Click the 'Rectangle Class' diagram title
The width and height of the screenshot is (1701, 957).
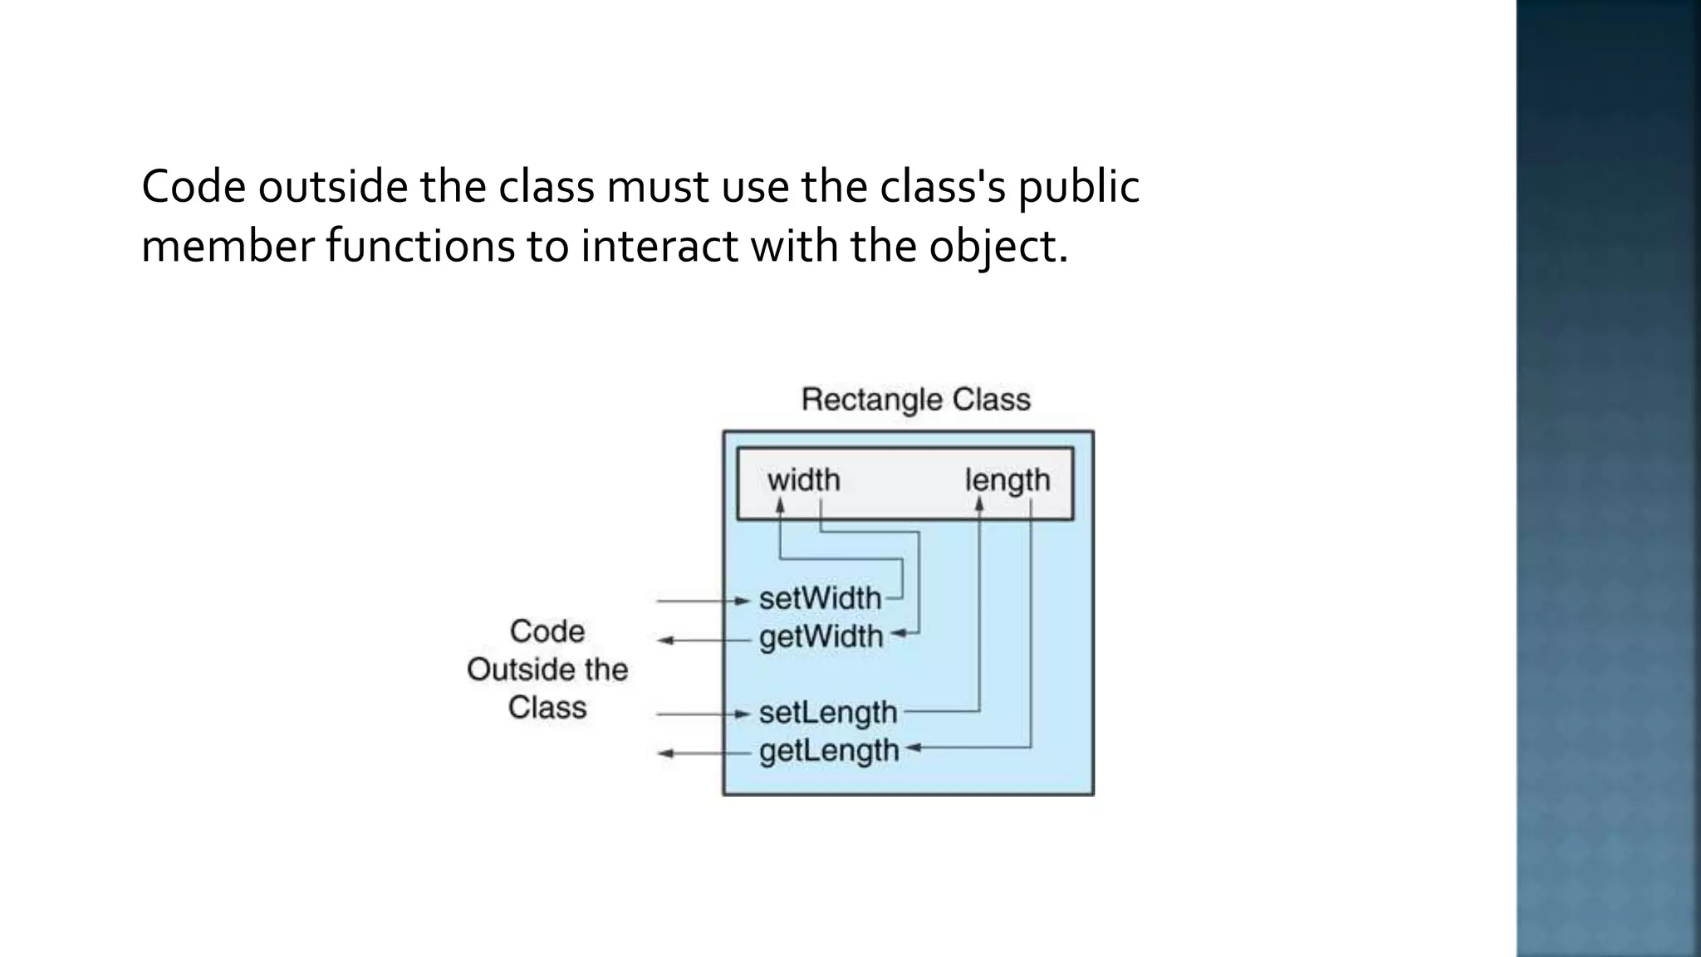[x=915, y=400]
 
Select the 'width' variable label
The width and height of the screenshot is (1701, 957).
[x=803, y=480]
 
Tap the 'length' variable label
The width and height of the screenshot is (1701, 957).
[x=1007, y=480]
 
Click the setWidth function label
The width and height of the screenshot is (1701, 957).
[x=820, y=598]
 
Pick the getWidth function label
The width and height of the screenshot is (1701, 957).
[x=821, y=637]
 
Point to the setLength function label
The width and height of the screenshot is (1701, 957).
[x=827, y=713]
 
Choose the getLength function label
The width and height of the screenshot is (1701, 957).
[x=829, y=751]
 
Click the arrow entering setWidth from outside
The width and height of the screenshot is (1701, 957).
[x=703, y=601]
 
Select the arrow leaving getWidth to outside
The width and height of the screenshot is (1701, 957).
[x=703, y=640]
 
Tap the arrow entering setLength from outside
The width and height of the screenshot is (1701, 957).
[x=703, y=714]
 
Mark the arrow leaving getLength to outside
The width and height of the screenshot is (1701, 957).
[x=703, y=753]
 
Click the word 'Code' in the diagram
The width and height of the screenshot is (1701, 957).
[x=547, y=631]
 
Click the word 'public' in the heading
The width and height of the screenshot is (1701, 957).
[x=1078, y=188]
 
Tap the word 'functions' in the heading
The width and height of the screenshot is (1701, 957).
[x=420, y=246]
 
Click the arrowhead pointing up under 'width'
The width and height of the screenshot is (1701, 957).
[x=780, y=505]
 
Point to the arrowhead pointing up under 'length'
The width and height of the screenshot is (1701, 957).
[x=979, y=505]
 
